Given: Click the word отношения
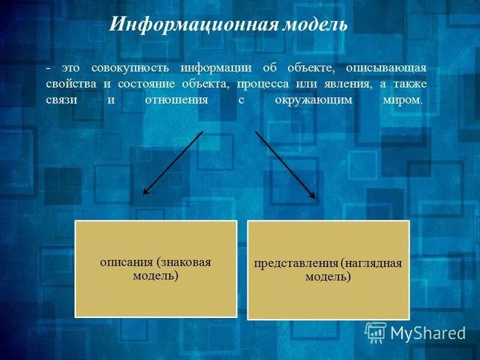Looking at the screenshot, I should tap(176, 100).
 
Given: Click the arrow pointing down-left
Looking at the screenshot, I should tap(172, 163).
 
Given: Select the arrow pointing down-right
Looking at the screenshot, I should tap(285, 164).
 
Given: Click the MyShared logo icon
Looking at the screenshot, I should tap(376, 332).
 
